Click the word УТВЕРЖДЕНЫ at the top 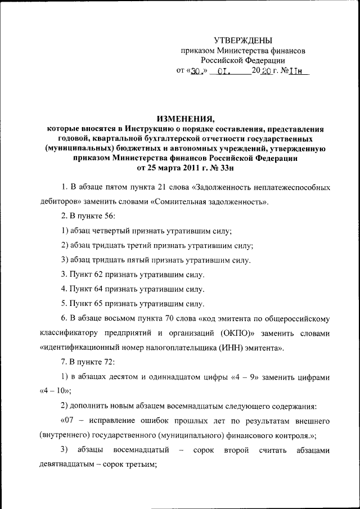[x=243, y=40]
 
